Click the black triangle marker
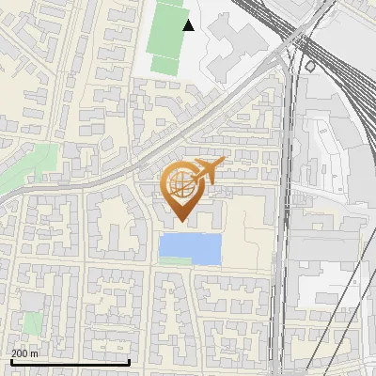pyautogui.click(x=189, y=25)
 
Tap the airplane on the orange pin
pyautogui.click(x=208, y=171)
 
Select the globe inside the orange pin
pyautogui.click(x=180, y=185)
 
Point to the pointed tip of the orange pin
pyautogui.click(x=180, y=222)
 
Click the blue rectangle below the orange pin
pyautogui.click(x=190, y=249)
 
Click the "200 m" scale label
pyautogui.click(x=25, y=353)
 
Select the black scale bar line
pyautogui.click(x=70, y=362)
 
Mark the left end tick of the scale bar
pyautogui.click(x=10, y=360)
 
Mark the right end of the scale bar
pyautogui.click(x=129, y=360)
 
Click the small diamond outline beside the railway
pyautogui.click(x=310, y=67)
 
